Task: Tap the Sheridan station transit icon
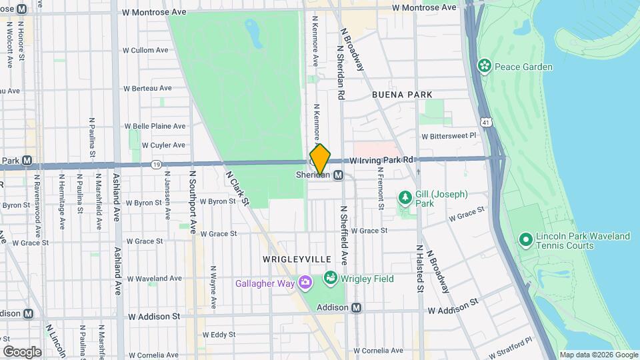[x=339, y=175]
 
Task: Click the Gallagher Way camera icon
[x=305, y=283]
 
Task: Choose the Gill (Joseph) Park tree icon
[x=404, y=198]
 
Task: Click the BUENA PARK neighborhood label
[x=402, y=95]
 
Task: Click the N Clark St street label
[x=237, y=188]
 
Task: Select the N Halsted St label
[x=421, y=269]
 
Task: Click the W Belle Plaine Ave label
[x=155, y=126]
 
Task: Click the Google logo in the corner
[x=22, y=351]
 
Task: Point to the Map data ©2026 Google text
[x=598, y=355]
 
